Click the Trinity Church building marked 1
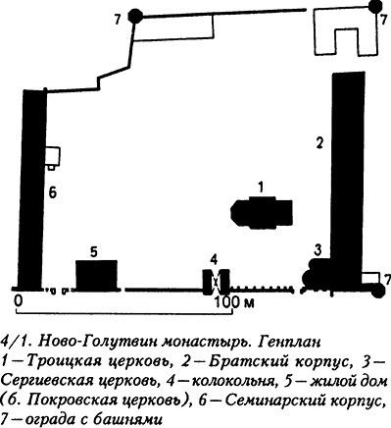coord(261,211)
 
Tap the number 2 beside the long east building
coord(318,142)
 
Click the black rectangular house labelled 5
coord(97,274)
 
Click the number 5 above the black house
coord(92,252)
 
